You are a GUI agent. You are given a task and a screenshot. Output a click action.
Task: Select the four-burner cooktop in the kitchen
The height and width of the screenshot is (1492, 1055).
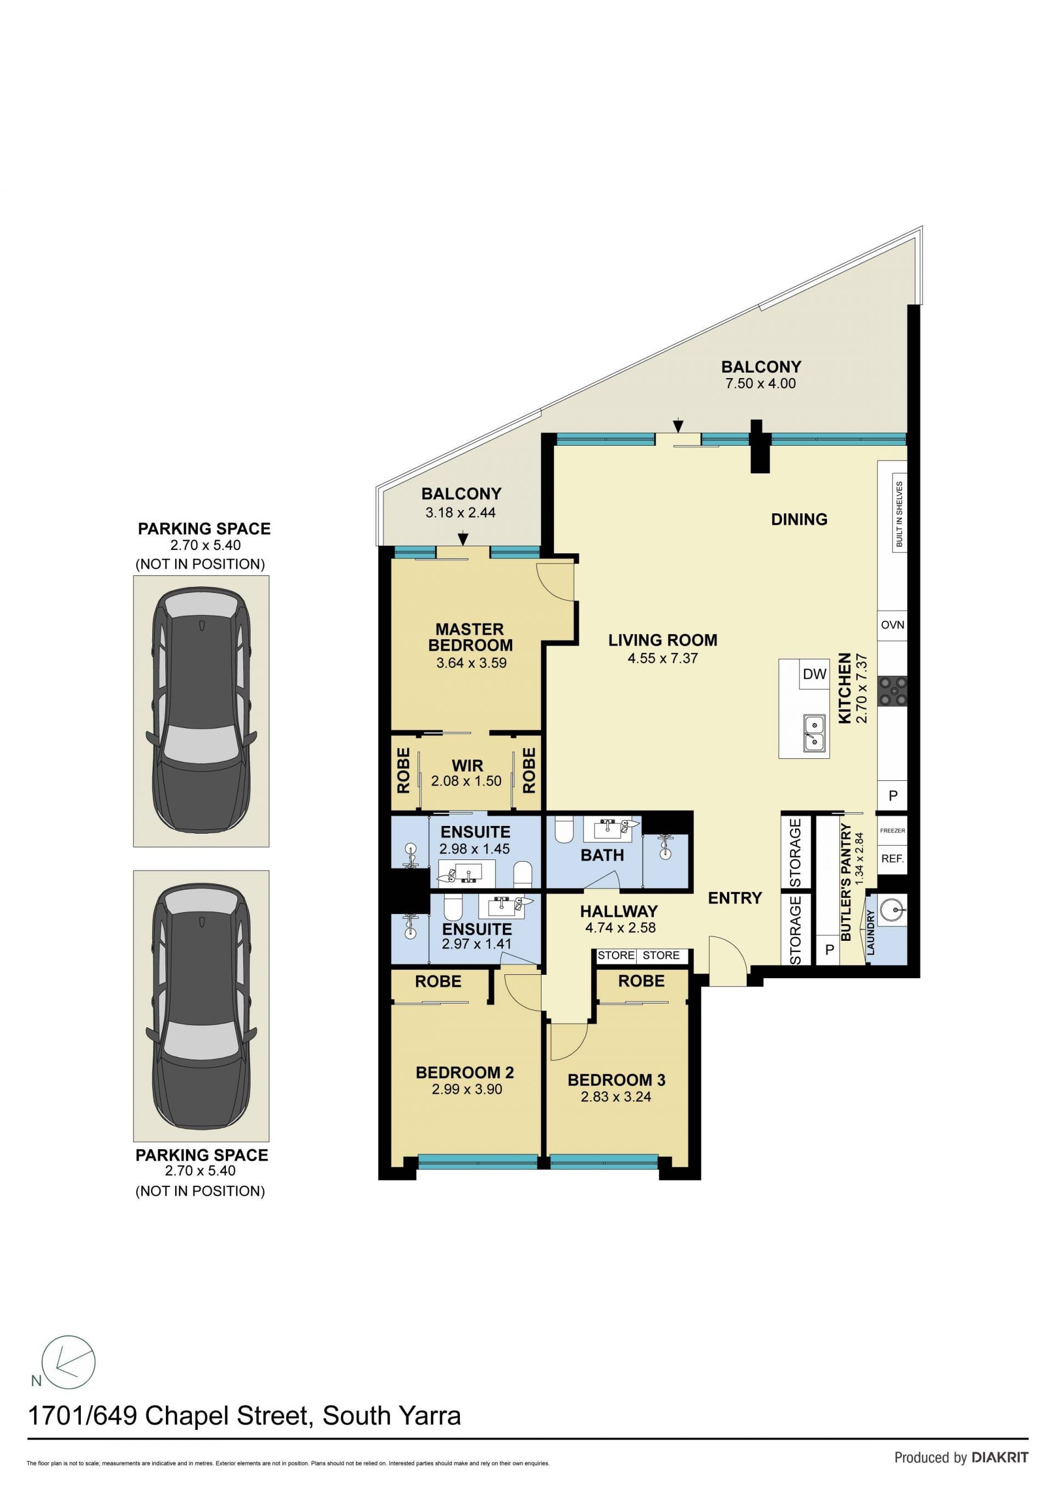click(x=892, y=691)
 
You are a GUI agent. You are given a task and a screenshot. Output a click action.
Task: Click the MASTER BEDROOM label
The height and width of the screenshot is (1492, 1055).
click(x=470, y=637)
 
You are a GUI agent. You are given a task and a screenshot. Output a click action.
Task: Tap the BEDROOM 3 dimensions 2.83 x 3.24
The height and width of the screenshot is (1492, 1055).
click(x=616, y=1097)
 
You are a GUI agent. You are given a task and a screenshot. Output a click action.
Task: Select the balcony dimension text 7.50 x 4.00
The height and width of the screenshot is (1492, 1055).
click(x=760, y=384)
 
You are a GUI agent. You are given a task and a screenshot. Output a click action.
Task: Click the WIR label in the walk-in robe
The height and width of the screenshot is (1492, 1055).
click(x=467, y=766)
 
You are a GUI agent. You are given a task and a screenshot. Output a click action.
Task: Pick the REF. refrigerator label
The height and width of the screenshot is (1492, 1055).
click(x=892, y=859)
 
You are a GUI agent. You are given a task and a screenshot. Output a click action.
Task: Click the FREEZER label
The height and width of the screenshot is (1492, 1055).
click(x=892, y=830)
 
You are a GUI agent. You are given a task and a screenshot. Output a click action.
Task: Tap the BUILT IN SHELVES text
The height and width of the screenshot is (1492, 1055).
click(x=899, y=514)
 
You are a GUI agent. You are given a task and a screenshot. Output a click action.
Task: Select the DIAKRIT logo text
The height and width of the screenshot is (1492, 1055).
click(x=1000, y=1457)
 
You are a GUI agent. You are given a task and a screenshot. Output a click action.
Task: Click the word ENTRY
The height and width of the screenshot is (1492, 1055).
click(x=735, y=898)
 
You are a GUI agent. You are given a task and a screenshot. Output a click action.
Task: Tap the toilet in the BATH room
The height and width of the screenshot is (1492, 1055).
click(x=564, y=830)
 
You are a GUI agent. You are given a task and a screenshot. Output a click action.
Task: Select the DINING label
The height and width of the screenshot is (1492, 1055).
click(x=799, y=519)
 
